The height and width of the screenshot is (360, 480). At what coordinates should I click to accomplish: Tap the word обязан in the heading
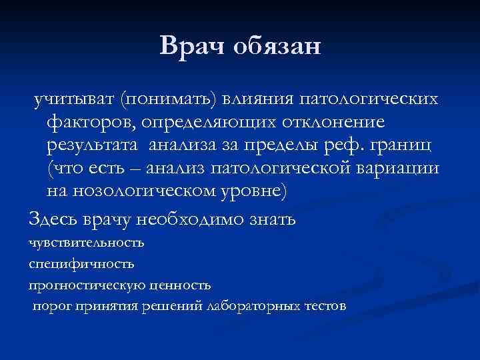point(277,47)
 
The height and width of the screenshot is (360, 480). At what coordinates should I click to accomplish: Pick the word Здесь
point(51,218)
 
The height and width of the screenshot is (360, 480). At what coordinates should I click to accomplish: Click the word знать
point(273,218)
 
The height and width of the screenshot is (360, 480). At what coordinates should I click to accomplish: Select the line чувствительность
point(86,242)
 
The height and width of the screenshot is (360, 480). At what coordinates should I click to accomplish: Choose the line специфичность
point(81,263)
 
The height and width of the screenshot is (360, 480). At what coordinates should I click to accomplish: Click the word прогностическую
point(83,285)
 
